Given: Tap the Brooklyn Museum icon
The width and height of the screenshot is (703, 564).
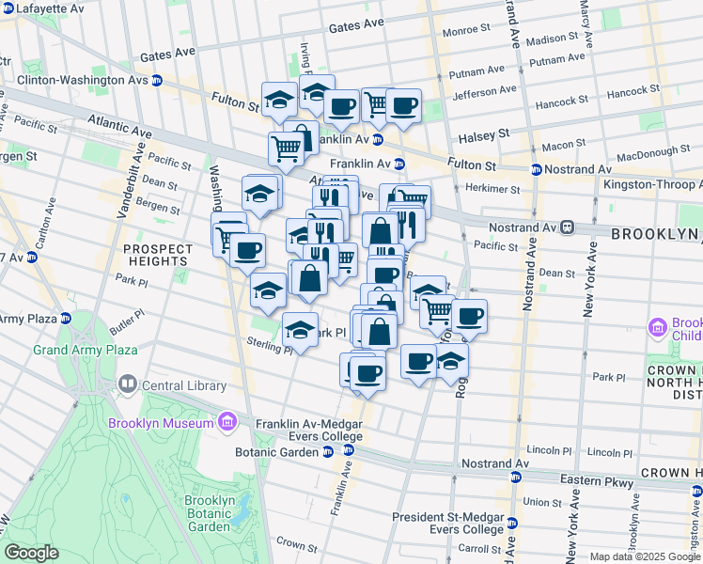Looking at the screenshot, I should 227,423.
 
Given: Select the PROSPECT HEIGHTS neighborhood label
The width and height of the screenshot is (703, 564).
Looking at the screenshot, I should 157,255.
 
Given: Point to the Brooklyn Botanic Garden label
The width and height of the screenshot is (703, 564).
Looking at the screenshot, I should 210,513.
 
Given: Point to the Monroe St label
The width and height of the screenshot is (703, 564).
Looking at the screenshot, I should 461,31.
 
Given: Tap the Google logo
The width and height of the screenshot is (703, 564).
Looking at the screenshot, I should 32,553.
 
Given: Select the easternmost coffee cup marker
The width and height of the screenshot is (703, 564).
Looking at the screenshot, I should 469,317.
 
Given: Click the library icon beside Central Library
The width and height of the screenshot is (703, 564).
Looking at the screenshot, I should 128,385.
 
